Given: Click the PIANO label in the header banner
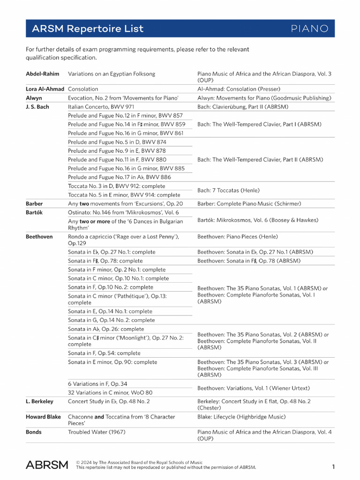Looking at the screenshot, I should tap(309, 29).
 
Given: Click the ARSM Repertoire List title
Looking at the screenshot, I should tap(88, 29).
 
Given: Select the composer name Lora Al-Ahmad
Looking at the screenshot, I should tap(45, 89).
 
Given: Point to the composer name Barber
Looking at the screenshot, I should tap(34, 204).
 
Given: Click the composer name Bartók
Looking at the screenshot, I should tap(34, 212).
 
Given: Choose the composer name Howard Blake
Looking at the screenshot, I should tap(44, 417).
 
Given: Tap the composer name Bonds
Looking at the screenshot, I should tap(34, 432).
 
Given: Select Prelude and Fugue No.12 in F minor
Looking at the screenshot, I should tap(125, 116).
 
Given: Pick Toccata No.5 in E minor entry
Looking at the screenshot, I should tap(124, 195).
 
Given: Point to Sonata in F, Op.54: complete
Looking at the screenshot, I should tap(104, 353).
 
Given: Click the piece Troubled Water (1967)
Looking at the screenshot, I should tap(97, 432).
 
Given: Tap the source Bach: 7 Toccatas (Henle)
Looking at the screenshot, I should tap(228, 191).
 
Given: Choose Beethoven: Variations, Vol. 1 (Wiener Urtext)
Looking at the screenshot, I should tap(254, 388).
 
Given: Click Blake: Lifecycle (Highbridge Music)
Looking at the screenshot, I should tap(241, 417).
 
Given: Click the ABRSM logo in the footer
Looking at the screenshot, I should tap(47, 465).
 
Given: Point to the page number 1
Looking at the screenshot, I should tap(333, 466).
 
